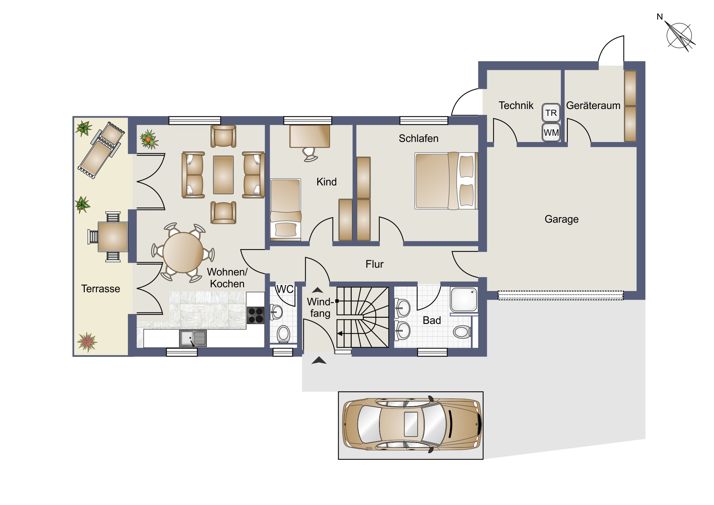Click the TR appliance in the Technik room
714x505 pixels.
(551, 113)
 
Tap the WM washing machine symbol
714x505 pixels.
(551, 133)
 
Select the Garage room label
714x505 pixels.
(561, 219)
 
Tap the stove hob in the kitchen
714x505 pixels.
(255, 315)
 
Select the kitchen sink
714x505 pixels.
(193, 338)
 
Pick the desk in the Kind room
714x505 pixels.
(310, 136)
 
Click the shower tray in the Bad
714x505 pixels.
(464, 299)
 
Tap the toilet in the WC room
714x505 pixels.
(283, 334)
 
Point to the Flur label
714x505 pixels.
(374, 264)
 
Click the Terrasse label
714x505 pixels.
(101, 289)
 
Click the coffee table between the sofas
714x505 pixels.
(223, 175)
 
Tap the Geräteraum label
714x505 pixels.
(593, 106)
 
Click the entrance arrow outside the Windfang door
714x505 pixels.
(319, 360)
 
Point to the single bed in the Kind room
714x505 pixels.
(286, 209)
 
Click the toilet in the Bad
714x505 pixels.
(463, 332)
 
